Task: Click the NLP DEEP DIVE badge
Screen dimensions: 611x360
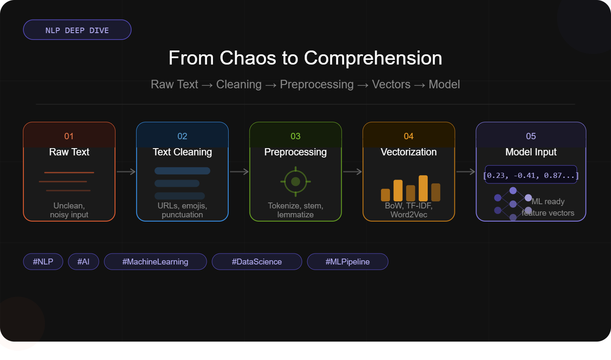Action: click(77, 30)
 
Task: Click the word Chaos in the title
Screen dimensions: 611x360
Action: click(248, 58)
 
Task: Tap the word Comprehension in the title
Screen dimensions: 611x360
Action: click(373, 59)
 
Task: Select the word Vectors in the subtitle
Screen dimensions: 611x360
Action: click(391, 84)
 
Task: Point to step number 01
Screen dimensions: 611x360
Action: click(69, 136)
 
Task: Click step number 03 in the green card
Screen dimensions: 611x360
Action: click(295, 136)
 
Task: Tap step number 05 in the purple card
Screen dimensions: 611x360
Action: click(531, 136)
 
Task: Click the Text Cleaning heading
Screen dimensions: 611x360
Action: click(182, 152)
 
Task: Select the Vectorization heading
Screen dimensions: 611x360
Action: click(409, 152)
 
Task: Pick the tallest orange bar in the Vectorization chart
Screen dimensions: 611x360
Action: click(423, 188)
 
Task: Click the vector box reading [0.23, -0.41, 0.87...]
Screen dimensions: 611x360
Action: click(531, 174)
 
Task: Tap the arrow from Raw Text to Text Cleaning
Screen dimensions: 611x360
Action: click(126, 172)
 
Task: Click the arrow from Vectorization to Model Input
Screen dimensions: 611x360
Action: click(465, 172)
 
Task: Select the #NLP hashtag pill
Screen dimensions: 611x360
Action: click(43, 262)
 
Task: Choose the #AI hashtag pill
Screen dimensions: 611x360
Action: click(84, 262)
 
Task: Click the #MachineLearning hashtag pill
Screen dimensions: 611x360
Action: click(155, 262)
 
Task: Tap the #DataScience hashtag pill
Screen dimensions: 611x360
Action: click(257, 262)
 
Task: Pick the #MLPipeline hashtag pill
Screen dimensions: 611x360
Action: click(348, 262)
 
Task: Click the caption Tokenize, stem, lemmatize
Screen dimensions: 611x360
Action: click(295, 210)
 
